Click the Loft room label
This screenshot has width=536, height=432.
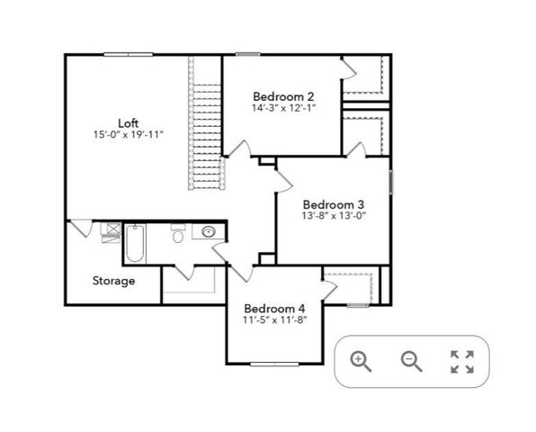[128, 122]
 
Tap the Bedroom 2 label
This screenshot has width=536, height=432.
[282, 96]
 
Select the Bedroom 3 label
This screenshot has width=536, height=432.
[333, 203]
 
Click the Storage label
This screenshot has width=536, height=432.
[113, 281]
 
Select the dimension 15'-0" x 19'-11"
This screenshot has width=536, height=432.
[128, 135]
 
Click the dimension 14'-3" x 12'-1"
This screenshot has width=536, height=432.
[282, 108]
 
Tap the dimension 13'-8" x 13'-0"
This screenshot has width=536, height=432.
[333, 215]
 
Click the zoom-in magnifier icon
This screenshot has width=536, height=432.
[362, 361]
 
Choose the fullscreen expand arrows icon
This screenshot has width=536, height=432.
[461, 362]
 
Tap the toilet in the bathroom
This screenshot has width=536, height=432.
[178, 237]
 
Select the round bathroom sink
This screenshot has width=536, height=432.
[209, 232]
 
